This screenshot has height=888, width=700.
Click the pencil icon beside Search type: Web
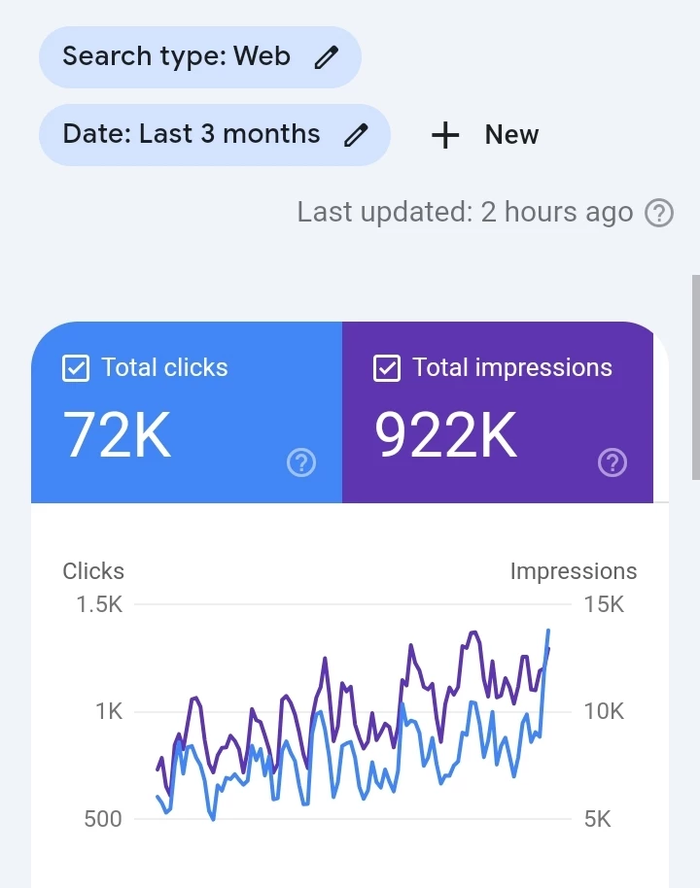327,57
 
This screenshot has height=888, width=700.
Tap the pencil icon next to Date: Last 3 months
357,134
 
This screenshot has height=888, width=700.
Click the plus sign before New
444,135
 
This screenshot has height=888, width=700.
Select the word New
511,135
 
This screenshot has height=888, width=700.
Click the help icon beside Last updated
659,213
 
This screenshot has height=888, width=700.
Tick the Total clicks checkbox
76,368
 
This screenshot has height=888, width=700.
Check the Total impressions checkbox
387,368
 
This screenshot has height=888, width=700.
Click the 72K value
117,434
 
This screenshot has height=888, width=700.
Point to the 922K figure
446,434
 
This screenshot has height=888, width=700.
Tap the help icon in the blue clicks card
301,463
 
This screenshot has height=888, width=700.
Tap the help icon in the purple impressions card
612,463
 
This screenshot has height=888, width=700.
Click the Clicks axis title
93,571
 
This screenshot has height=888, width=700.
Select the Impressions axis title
574,571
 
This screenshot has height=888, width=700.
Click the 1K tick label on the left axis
109,711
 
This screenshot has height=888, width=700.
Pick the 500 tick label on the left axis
103,819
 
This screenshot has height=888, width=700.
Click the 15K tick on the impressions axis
604,604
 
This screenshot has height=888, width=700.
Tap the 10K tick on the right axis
604,711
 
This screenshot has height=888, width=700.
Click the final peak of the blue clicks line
548,631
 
